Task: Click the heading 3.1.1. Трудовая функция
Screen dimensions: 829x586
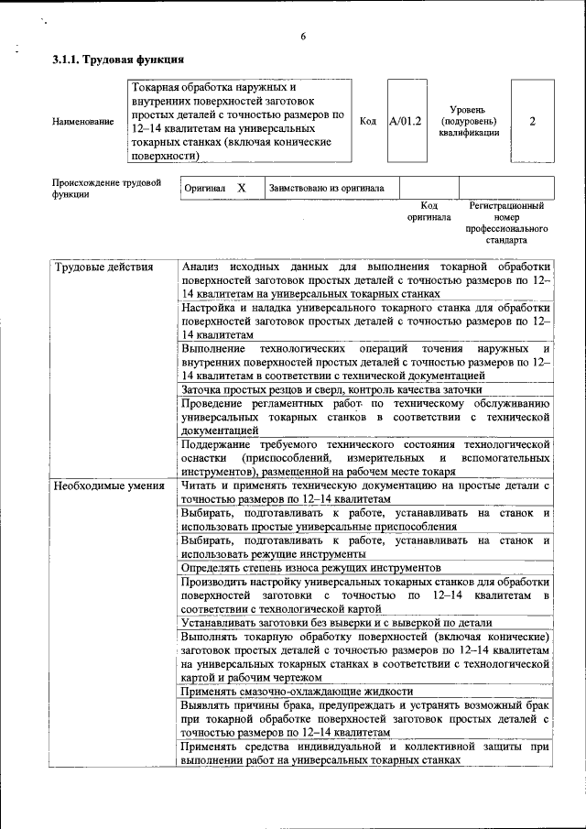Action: click(x=118, y=60)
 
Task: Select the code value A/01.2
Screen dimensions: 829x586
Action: click(x=405, y=121)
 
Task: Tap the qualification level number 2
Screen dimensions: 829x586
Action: click(x=532, y=121)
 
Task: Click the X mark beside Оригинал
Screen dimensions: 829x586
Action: click(x=242, y=188)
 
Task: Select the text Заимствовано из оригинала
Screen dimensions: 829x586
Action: click(x=326, y=189)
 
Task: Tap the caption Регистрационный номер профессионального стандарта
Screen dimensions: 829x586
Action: click(x=505, y=224)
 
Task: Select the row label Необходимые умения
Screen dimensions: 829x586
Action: click(x=108, y=485)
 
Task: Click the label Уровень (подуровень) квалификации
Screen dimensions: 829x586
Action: click(x=468, y=121)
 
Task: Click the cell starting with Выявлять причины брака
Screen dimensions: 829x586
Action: click(x=364, y=719)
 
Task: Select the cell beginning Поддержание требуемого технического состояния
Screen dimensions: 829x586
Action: click(x=364, y=457)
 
